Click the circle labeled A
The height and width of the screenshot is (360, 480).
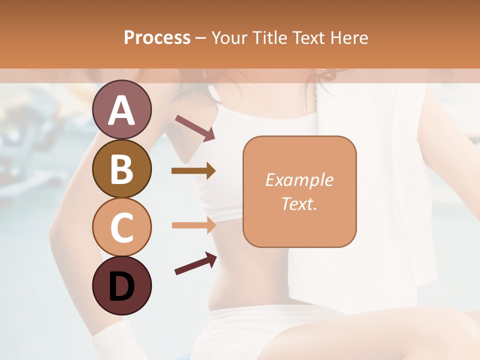click(x=122, y=110)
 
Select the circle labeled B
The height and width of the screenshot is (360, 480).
click(x=122, y=168)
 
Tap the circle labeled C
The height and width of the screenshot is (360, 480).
click(x=122, y=227)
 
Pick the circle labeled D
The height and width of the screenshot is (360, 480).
click(x=122, y=285)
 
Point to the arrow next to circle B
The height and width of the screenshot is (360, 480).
click(x=193, y=171)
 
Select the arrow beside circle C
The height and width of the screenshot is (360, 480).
click(x=193, y=225)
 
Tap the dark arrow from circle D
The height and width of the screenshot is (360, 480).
click(x=195, y=264)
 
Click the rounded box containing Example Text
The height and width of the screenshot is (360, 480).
click(x=299, y=191)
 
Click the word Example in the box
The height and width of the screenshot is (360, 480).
click(x=299, y=180)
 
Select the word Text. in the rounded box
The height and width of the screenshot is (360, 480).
click(x=299, y=203)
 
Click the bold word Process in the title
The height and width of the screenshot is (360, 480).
click(x=157, y=37)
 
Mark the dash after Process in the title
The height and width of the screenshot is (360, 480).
click(x=201, y=38)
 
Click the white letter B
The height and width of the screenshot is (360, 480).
click(x=122, y=169)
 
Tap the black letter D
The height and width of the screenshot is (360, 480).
click(x=122, y=286)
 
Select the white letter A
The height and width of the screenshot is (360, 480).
click(x=122, y=110)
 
